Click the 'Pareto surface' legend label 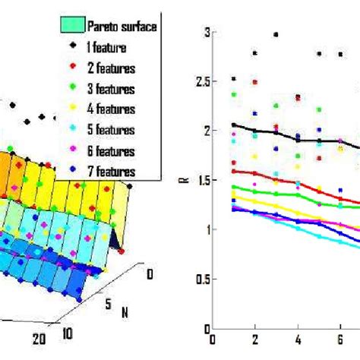point(120,27)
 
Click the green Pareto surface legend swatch point(71,27)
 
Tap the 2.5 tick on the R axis point(201,81)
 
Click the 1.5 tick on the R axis point(201,179)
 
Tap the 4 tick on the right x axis point(298,341)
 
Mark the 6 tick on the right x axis point(340,341)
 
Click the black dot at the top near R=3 point(276,35)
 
